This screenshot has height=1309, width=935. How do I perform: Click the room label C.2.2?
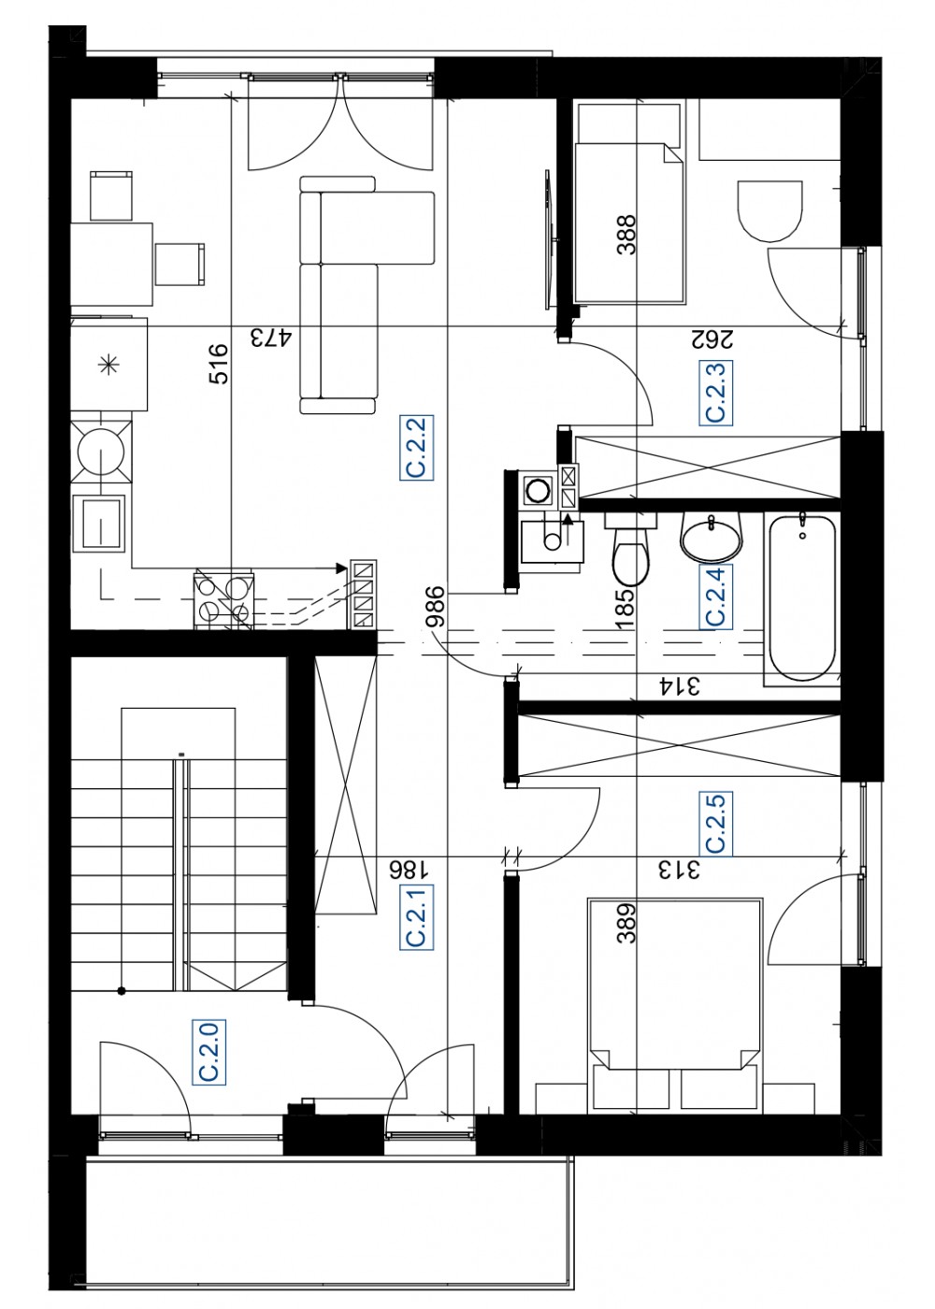click(x=417, y=447)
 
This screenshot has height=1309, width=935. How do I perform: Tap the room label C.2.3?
click(x=716, y=392)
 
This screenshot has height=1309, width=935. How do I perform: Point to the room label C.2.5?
click(x=716, y=823)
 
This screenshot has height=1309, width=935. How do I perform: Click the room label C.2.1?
click(x=417, y=917)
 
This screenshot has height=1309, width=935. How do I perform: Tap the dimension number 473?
click(x=270, y=338)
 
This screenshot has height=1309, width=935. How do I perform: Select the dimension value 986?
click(x=436, y=607)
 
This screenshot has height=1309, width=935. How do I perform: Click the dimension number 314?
click(x=679, y=686)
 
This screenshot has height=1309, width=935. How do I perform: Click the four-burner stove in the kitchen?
click(x=224, y=599)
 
